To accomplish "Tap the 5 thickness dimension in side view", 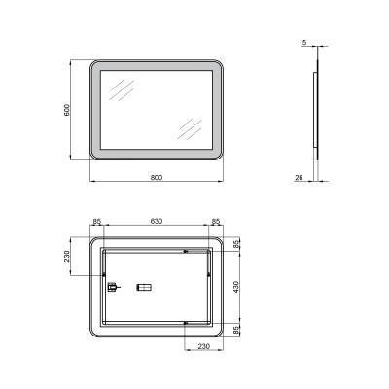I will [x=303, y=43].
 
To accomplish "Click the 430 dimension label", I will [x=234, y=287].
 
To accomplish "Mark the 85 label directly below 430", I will [x=234, y=331].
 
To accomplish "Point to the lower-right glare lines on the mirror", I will [x=188, y=127].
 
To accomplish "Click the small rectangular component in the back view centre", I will [x=145, y=287].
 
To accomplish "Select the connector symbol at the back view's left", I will [x=111, y=287].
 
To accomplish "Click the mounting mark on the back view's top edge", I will [x=185, y=250].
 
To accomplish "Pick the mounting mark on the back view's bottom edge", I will [x=185, y=322].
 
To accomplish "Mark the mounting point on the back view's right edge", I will [x=209, y=277].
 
